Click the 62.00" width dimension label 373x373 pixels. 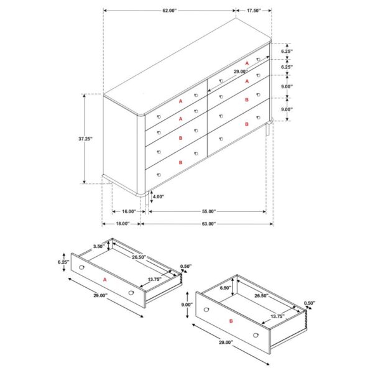click(x=167, y=11)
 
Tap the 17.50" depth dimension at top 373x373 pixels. click(x=253, y=11)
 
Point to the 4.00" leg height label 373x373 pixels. click(x=159, y=197)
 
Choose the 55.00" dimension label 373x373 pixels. click(x=208, y=211)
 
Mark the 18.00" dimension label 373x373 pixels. click(x=122, y=223)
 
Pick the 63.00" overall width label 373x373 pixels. click(x=208, y=223)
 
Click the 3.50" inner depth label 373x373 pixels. click(x=98, y=246)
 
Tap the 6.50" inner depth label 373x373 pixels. click(x=226, y=288)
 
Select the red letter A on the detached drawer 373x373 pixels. click(x=104, y=280)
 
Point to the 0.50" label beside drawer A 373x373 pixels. click(x=186, y=267)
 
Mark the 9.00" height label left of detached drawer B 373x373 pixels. click(x=186, y=305)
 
